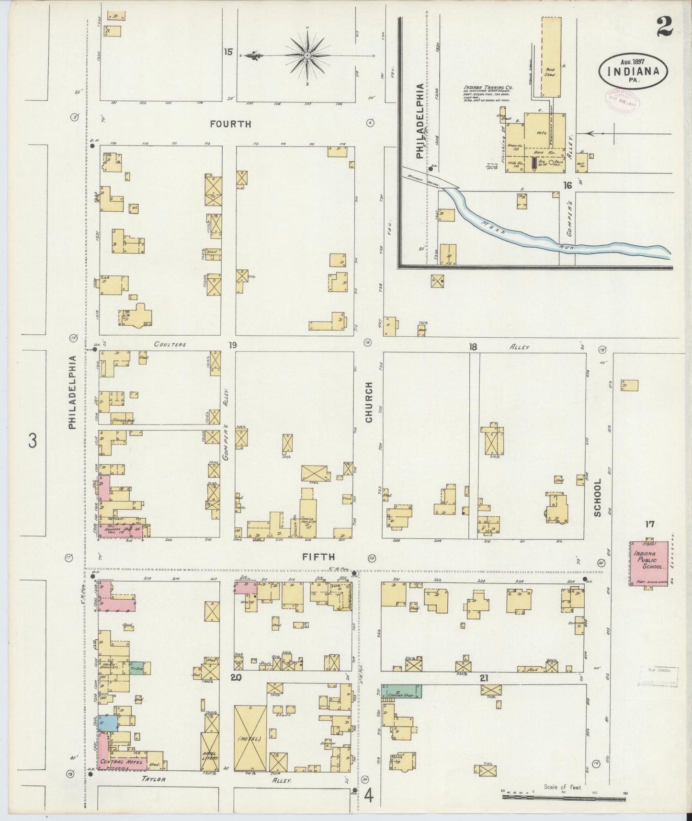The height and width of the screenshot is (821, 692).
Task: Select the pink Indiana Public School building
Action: coord(648,563)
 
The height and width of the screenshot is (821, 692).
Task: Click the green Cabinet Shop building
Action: coord(401,691)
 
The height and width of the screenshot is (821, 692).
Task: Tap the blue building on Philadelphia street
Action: coord(107,722)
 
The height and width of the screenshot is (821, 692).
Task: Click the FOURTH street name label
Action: coord(230,124)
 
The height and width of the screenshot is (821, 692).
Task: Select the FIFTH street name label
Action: coord(318,557)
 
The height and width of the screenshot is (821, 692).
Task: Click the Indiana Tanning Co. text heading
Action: coord(488,88)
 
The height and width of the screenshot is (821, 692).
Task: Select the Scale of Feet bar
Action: coord(564,798)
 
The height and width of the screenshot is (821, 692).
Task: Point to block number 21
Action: coord(484,678)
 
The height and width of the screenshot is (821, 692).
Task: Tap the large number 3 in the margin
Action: coord(32,440)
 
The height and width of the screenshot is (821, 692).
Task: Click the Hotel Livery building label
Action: coord(210,755)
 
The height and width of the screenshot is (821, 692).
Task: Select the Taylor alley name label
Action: coord(153,779)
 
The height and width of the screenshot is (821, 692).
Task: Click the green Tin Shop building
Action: coord(139,668)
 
